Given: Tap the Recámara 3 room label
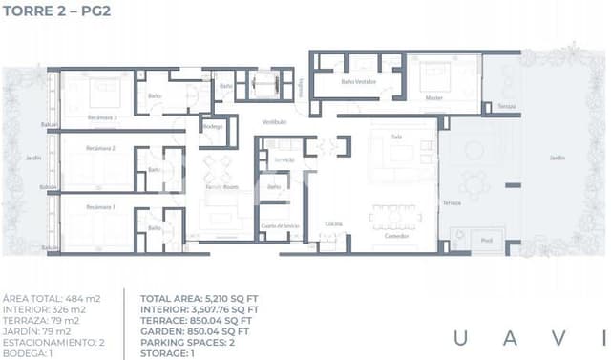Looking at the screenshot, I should [101, 117].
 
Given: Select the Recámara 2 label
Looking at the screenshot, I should [99, 149].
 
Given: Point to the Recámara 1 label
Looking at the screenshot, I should [99, 207].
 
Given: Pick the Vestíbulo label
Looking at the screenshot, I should [275, 121].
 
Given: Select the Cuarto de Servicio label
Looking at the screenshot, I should [280, 225].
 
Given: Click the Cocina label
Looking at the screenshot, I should [333, 222].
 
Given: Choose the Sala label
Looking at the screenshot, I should [396, 137].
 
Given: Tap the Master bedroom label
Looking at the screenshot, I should [433, 97].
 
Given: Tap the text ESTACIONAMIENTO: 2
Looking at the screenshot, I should [53, 341].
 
